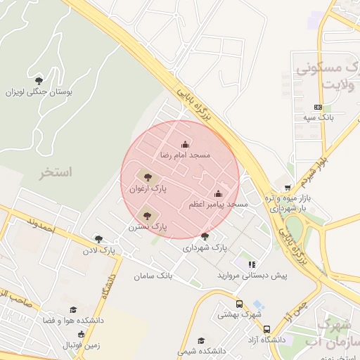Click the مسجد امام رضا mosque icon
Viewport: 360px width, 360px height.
point(186,143)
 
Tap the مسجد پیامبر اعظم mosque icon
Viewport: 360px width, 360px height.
point(218,194)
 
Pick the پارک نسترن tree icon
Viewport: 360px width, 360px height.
point(147,217)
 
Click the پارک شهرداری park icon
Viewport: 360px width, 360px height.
point(205,237)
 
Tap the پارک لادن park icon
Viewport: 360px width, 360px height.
point(98,239)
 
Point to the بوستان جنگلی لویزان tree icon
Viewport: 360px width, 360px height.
point(39,80)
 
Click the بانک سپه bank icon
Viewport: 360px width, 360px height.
point(318,107)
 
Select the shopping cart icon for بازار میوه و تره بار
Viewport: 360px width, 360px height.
point(288,188)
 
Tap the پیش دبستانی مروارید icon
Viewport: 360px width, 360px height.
point(252,264)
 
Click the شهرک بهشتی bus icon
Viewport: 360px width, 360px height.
point(239,304)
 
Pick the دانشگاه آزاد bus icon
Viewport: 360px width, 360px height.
point(266,329)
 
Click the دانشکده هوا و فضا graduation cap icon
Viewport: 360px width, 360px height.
point(73,310)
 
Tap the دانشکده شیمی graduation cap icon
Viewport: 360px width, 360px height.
point(202,340)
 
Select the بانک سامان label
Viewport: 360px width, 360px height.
point(153,275)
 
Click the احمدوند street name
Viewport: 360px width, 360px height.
point(39,225)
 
